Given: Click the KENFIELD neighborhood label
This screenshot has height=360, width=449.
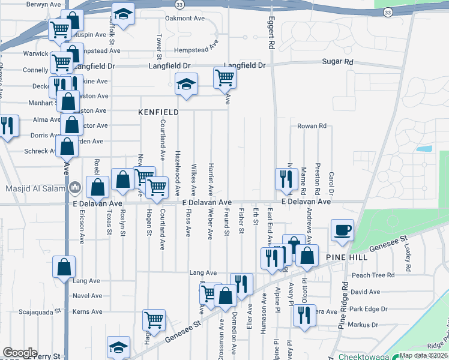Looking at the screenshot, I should point(158,112).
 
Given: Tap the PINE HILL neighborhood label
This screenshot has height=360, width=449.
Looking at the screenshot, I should point(346,256).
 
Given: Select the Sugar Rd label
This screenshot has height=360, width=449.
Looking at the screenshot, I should point(338,62).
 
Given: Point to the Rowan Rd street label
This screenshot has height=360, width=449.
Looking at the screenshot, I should point(312,126).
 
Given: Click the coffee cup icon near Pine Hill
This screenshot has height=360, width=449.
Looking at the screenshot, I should point(342,230).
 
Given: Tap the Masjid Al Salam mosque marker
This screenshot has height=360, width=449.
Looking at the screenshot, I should point(75,187).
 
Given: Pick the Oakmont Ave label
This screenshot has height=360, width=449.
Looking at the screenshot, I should point(185,19).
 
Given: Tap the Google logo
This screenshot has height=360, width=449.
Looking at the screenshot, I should point(20,353).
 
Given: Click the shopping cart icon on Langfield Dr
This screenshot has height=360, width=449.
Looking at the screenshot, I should point(224,77).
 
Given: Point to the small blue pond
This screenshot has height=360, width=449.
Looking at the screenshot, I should point(423,148).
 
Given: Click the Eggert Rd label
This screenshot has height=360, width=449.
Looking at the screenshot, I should point(271,34).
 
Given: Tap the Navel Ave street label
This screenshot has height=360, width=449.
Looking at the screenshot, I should point(87,296).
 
